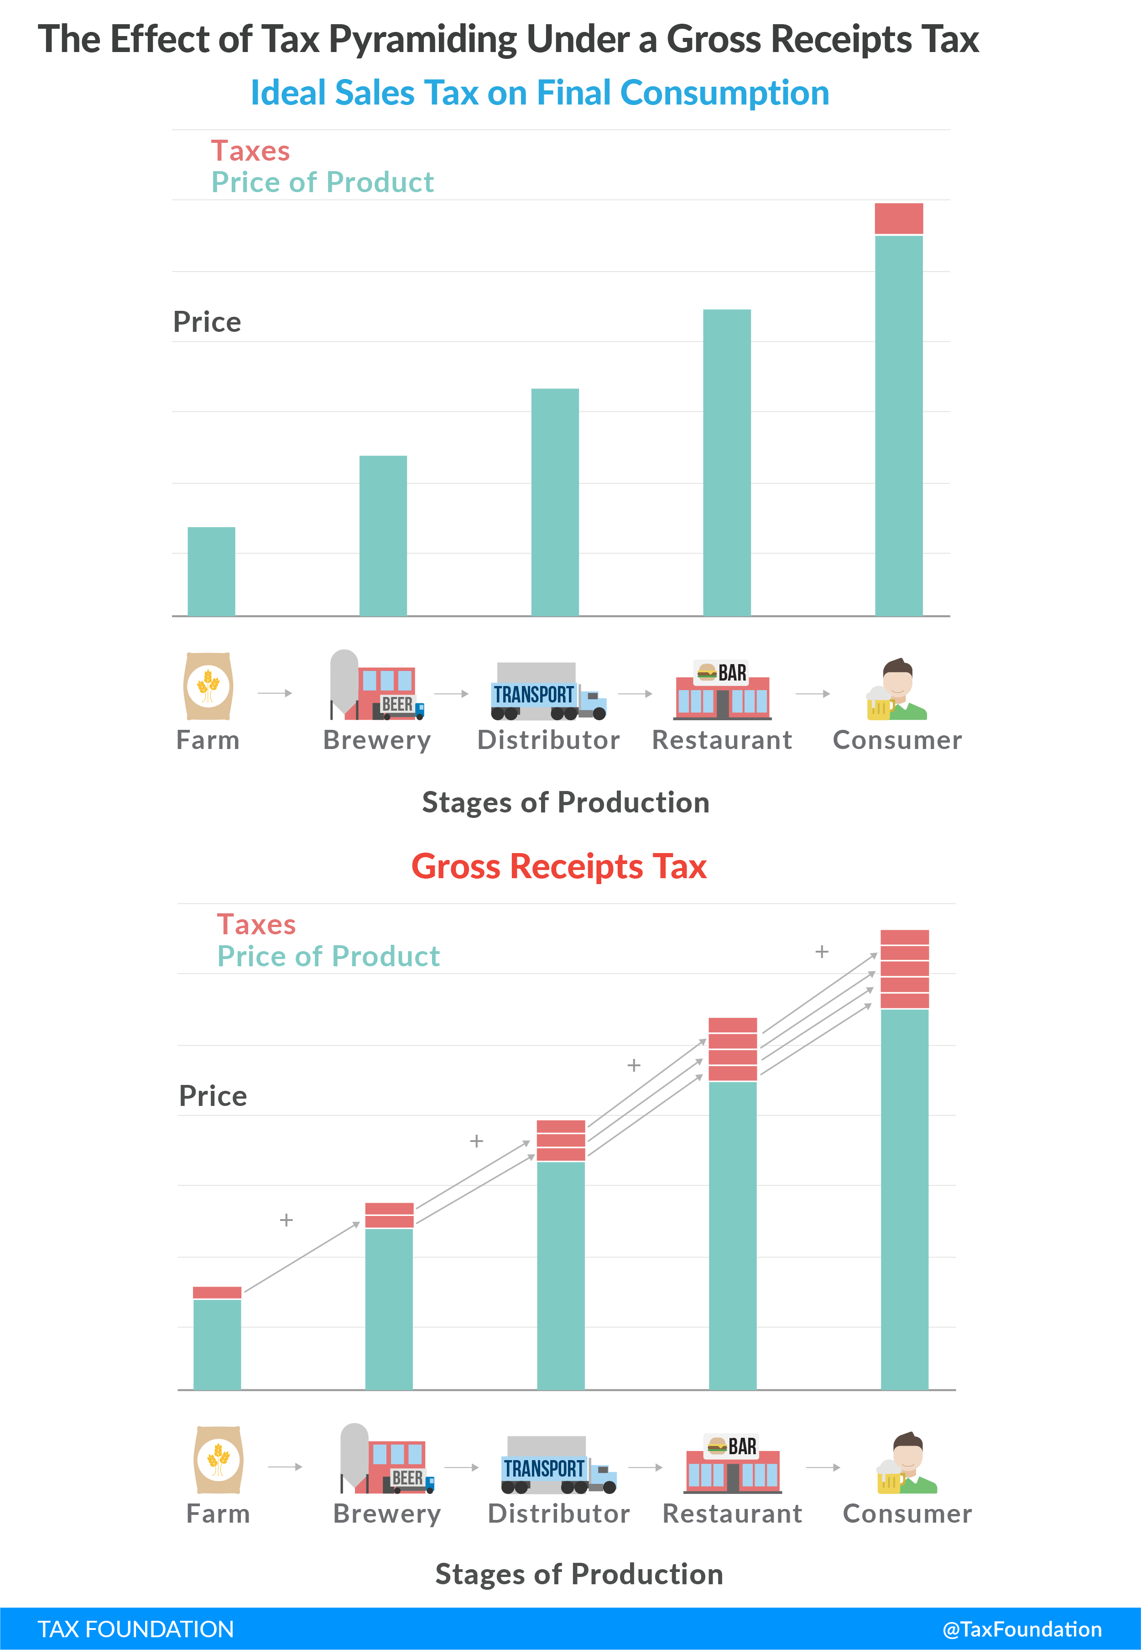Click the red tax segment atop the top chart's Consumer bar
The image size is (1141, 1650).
pyautogui.click(x=899, y=218)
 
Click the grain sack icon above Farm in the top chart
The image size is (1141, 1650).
pyautogui.click(x=208, y=686)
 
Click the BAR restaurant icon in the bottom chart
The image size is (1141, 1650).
pyautogui.click(x=732, y=1464)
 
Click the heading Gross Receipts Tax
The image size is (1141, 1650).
pyautogui.click(x=558, y=866)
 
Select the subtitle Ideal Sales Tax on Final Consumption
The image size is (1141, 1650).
pyautogui.click(x=540, y=93)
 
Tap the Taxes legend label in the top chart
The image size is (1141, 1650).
pyautogui.click(x=250, y=151)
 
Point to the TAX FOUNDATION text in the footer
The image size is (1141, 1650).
pyautogui.click(x=136, y=1629)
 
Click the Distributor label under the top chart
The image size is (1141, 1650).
pyautogui.click(x=548, y=740)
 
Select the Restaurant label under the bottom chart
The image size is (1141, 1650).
pyautogui.click(x=732, y=1514)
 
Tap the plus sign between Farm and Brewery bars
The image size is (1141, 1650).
pyautogui.click(x=286, y=1220)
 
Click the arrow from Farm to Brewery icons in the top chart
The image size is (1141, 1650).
pyautogui.click(x=275, y=693)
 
